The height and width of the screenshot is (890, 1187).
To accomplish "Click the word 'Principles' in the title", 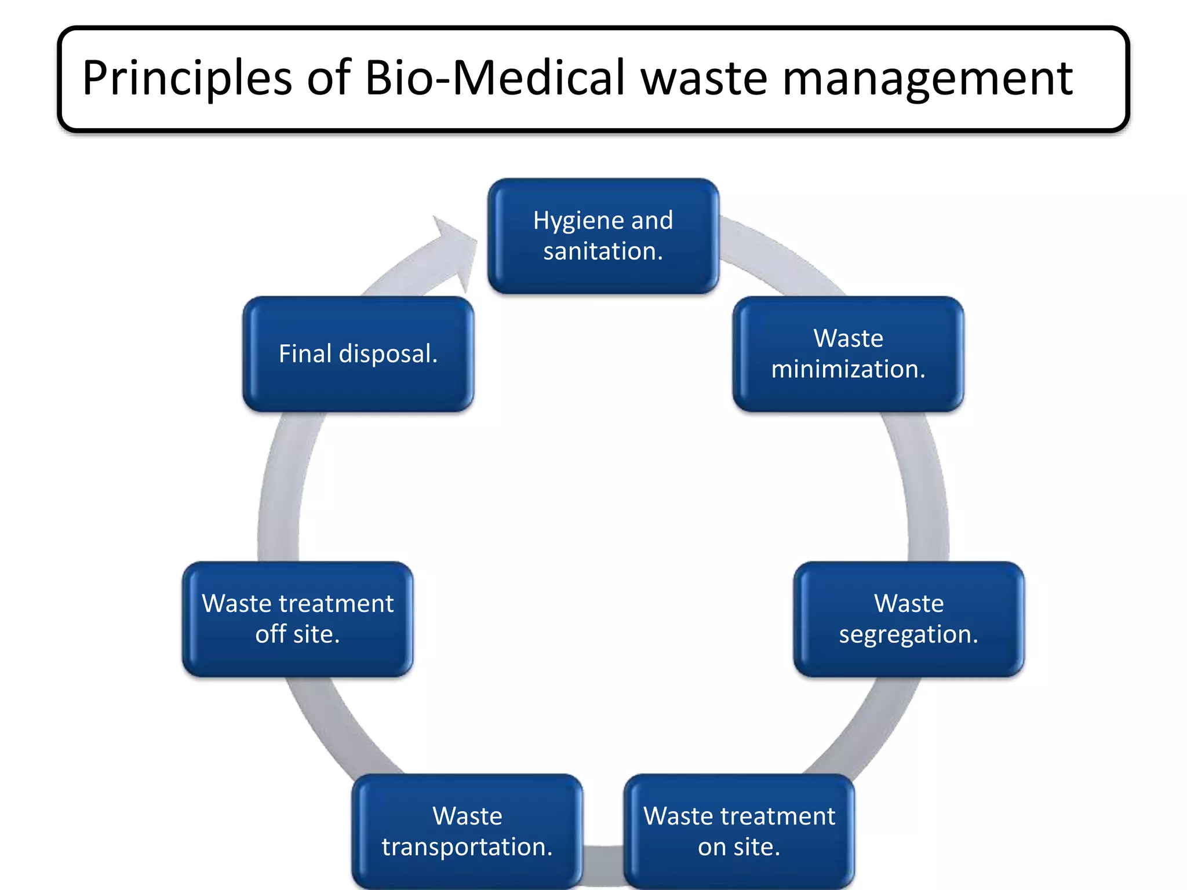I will (187, 78).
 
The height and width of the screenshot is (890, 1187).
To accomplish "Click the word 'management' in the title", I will (927, 78).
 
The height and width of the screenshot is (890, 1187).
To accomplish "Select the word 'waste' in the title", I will (704, 78).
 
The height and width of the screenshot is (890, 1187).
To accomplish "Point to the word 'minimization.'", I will (848, 369).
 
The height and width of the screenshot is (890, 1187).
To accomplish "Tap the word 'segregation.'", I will (908, 635).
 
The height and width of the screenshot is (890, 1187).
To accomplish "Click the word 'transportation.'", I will (467, 847).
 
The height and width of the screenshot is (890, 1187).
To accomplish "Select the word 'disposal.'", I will (388, 354).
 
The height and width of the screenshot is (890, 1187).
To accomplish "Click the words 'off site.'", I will (297, 634).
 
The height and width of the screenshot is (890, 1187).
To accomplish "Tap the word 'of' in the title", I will (329, 78).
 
